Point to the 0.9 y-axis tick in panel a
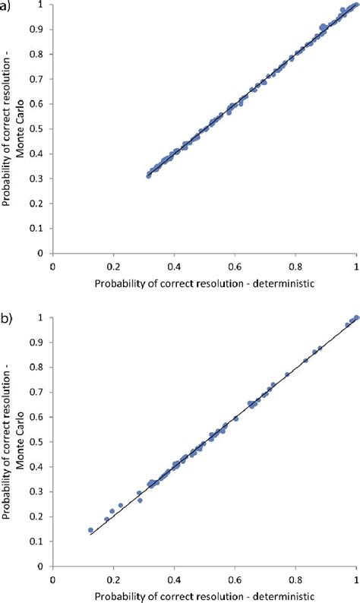[39, 30]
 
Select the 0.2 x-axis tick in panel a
[113, 267]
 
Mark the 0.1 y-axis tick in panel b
[39, 541]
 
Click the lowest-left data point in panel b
[90, 530]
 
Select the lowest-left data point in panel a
[149, 175]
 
